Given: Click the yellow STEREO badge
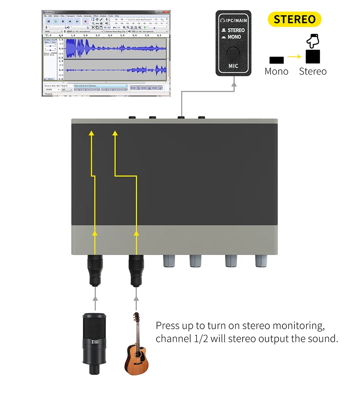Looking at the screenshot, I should [x=294, y=19].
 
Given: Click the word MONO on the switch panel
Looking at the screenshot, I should [x=234, y=37].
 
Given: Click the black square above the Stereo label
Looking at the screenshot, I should [x=313, y=57].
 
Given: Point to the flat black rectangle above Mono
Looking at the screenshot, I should [x=277, y=59].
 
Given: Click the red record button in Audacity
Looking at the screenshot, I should [x=86, y=22].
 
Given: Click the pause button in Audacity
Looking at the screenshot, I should [x=49, y=22].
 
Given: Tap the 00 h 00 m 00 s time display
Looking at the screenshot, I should [x=146, y=88].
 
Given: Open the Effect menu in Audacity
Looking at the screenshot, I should [x=96, y=16].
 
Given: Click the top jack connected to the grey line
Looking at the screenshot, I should [x=182, y=118].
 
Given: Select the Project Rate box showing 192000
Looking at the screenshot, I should [x=52, y=90].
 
